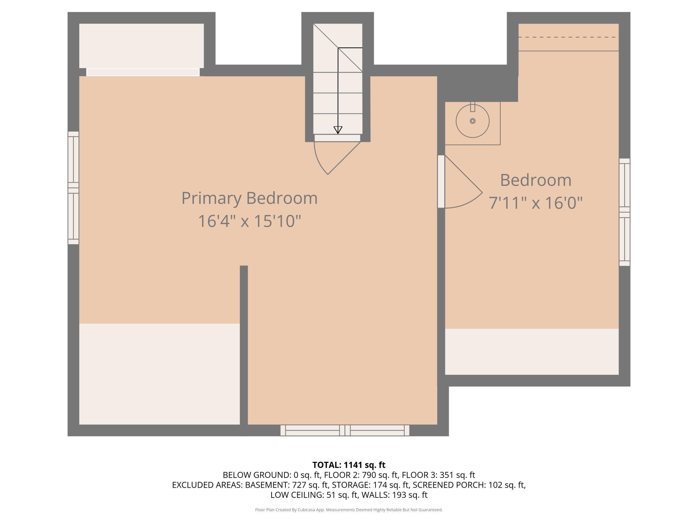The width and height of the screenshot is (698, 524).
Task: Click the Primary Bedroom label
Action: [x=249, y=198]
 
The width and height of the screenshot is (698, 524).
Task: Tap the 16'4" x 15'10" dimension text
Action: [x=249, y=221]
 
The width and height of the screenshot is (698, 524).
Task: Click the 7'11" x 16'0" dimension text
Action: [x=536, y=203]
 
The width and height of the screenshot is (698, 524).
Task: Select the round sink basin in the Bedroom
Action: [x=472, y=121]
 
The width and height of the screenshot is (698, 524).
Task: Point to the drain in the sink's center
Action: [x=472, y=121]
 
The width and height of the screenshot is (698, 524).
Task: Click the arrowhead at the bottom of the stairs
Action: [x=338, y=130]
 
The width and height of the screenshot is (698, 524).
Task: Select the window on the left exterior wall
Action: [x=73, y=188]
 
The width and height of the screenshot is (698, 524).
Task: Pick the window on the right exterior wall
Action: [x=625, y=212]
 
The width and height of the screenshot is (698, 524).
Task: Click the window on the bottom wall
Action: [x=345, y=430]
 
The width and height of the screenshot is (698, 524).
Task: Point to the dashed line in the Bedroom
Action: [x=568, y=37]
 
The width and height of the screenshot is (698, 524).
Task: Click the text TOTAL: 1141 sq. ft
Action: [x=349, y=465]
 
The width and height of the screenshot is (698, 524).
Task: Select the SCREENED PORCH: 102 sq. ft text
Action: [x=469, y=485]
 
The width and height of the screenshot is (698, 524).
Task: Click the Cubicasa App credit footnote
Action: [x=349, y=510]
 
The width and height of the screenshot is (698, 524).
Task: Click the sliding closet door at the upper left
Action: [x=143, y=72]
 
